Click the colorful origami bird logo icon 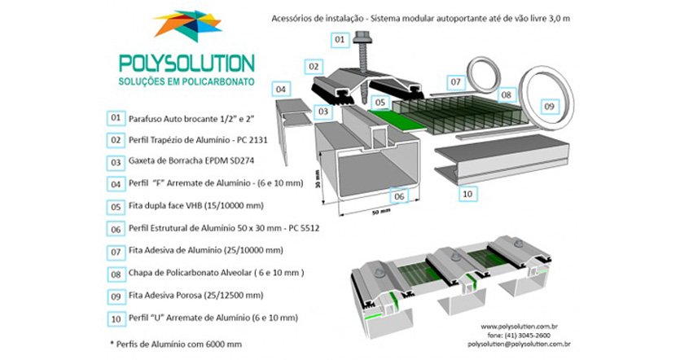click(x=186, y=25)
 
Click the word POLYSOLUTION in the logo click(x=186, y=63)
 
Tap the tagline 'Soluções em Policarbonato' click(x=186, y=83)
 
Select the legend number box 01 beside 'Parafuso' click(x=115, y=118)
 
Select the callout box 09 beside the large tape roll click(x=549, y=107)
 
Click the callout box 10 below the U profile click(x=467, y=194)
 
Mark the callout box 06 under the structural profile click(x=398, y=195)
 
